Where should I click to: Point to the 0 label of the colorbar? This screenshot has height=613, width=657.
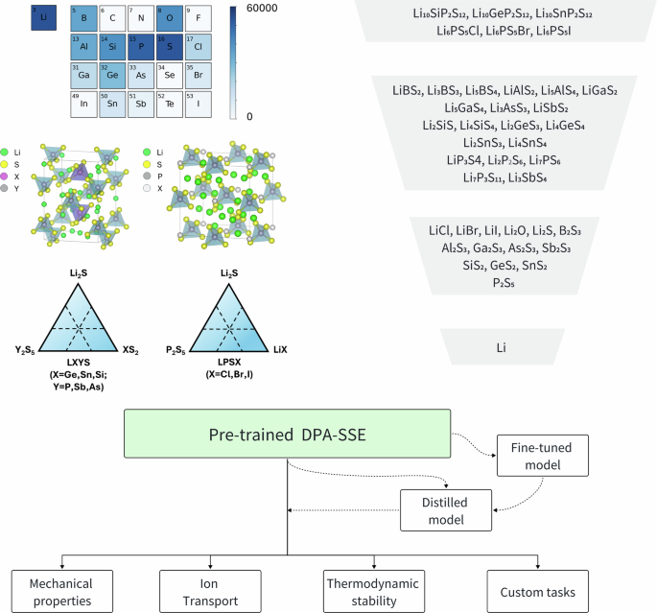(x=249, y=115)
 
